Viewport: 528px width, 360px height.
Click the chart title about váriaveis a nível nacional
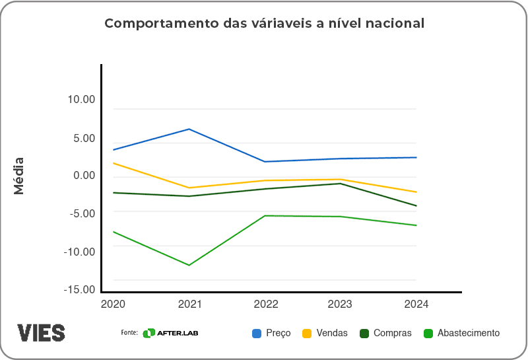264,24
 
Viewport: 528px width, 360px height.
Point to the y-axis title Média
19,176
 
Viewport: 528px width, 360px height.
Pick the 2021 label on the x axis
189,305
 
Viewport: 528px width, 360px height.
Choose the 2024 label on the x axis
416,305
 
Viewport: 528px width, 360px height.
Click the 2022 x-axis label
265,305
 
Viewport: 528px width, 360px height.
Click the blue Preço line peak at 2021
189,129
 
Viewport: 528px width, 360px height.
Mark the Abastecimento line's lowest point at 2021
189,266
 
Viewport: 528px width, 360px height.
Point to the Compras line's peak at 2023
341,184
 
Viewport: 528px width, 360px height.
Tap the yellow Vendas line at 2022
265,180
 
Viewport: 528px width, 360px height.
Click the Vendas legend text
332,333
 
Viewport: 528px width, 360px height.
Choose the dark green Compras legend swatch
364,333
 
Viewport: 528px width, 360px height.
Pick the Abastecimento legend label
469,333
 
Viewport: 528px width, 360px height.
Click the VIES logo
41,332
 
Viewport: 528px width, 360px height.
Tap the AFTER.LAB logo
170,333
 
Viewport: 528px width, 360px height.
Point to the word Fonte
129,332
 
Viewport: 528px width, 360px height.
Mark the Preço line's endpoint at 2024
416,157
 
